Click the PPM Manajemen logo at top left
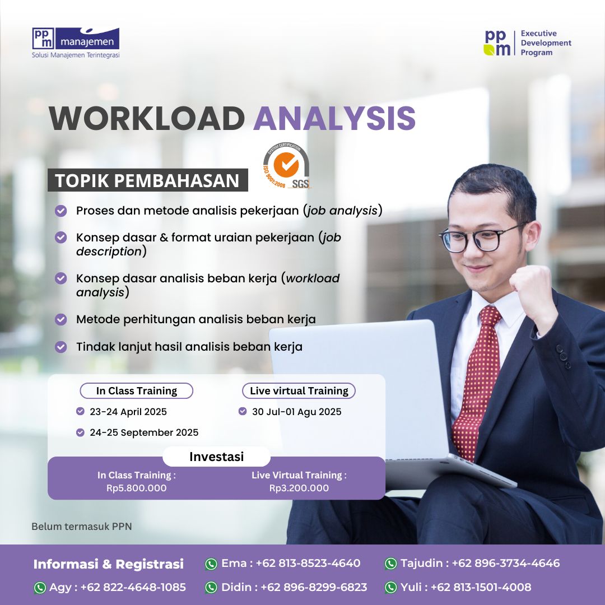click(x=75, y=43)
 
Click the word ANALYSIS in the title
click(x=334, y=118)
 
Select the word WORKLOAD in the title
click(x=147, y=118)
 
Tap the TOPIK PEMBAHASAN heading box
click(x=147, y=180)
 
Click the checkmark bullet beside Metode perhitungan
click(x=61, y=319)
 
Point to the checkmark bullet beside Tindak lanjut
click(x=61, y=347)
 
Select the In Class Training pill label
click(x=137, y=391)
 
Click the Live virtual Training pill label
click(x=299, y=391)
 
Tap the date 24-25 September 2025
click(x=144, y=432)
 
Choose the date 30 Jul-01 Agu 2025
click(x=296, y=412)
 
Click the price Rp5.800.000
click(x=137, y=488)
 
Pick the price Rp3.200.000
click(x=299, y=488)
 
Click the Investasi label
click(x=216, y=457)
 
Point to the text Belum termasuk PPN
click(x=82, y=526)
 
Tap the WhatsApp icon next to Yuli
click(x=390, y=588)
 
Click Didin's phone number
click(x=314, y=587)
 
